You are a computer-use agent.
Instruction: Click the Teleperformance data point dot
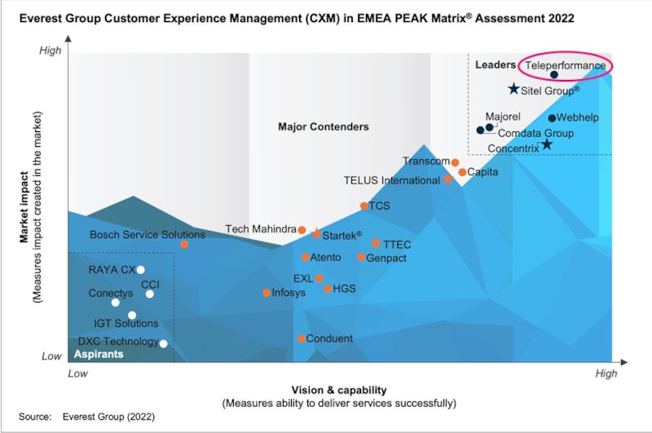(x=554, y=75)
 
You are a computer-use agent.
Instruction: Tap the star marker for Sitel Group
(x=514, y=89)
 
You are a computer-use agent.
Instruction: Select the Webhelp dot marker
(x=552, y=118)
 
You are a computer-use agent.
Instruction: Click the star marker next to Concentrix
(x=547, y=144)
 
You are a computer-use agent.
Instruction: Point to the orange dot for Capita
(x=462, y=172)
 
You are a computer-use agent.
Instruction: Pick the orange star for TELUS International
(x=447, y=179)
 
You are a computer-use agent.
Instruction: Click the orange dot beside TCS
(x=363, y=205)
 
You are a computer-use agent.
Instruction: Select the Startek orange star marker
(x=316, y=234)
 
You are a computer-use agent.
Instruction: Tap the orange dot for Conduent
(x=302, y=338)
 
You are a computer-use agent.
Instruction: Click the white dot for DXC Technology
(x=164, y=343)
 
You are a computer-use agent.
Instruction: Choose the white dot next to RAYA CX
(x=140, y=270)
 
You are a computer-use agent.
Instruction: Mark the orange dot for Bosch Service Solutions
(x=184, y=244)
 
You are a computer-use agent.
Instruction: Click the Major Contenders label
(x=324, y=126)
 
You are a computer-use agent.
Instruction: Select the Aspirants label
(x=99, y=354)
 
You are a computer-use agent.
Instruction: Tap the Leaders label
(x=496, y=65)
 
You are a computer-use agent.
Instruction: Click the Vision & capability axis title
(x=339, y=390)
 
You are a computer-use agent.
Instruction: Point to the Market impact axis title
(x=24, y=207)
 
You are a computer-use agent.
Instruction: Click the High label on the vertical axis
(x=51, y=51)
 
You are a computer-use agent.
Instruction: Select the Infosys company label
(x=289, y=293)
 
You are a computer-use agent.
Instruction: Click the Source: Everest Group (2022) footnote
(x=87, y=417)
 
